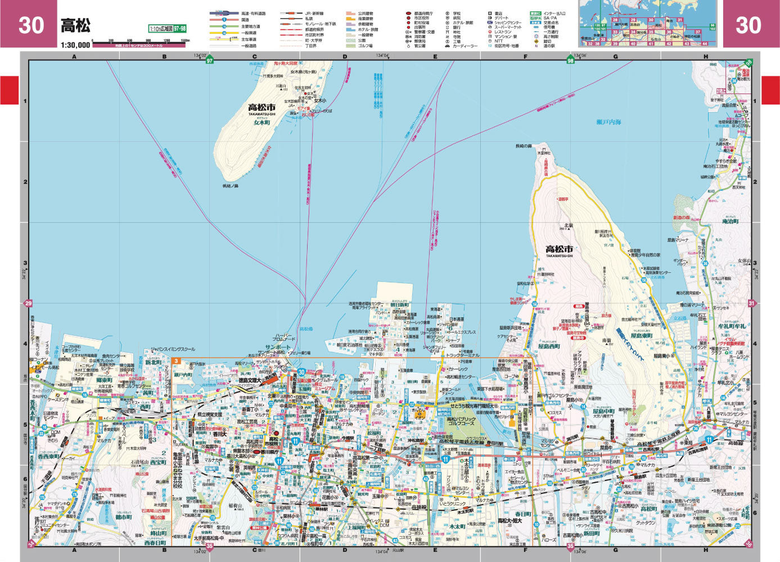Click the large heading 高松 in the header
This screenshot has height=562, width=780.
(x=75, y=25)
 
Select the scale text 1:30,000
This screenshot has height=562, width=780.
(x=75, y=44)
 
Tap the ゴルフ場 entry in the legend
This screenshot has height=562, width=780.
(x=365, y=46)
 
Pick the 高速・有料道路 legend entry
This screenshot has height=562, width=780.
(x=253, y=13)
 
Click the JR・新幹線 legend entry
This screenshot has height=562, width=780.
(x=315, y=13)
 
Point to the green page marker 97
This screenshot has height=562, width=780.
(x=210, y=60)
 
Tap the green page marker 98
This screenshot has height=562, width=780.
(x=571, y=60)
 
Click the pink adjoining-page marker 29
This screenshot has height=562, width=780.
(x=29, y=304)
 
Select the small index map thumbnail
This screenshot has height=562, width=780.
(x=649, y=24)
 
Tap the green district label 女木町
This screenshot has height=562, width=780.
(x=261, y=122)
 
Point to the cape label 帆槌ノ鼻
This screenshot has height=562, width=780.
(x=230, y=186)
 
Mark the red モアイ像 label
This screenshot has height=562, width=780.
(x=304, y=108)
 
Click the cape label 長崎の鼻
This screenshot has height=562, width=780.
(x=523, y=146)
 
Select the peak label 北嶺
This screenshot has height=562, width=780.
(x=566, y=225)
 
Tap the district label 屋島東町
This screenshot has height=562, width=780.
(x=641, y=336)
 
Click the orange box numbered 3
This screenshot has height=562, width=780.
(x=175, y=361)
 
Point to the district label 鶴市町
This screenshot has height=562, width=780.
(x=123, y=516)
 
